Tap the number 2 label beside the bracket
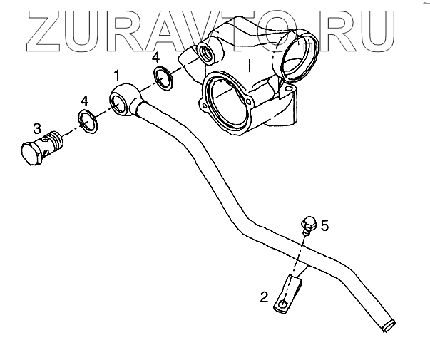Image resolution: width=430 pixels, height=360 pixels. click(x=264, y=297)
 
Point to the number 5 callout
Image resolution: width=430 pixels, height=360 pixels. click(x=324, y=226)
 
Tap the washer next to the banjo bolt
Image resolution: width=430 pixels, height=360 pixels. click(x=87, y=122)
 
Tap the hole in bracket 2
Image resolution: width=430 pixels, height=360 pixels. click(x=284, y=304)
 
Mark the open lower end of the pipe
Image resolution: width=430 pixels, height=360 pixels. click(x=387, y=325)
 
